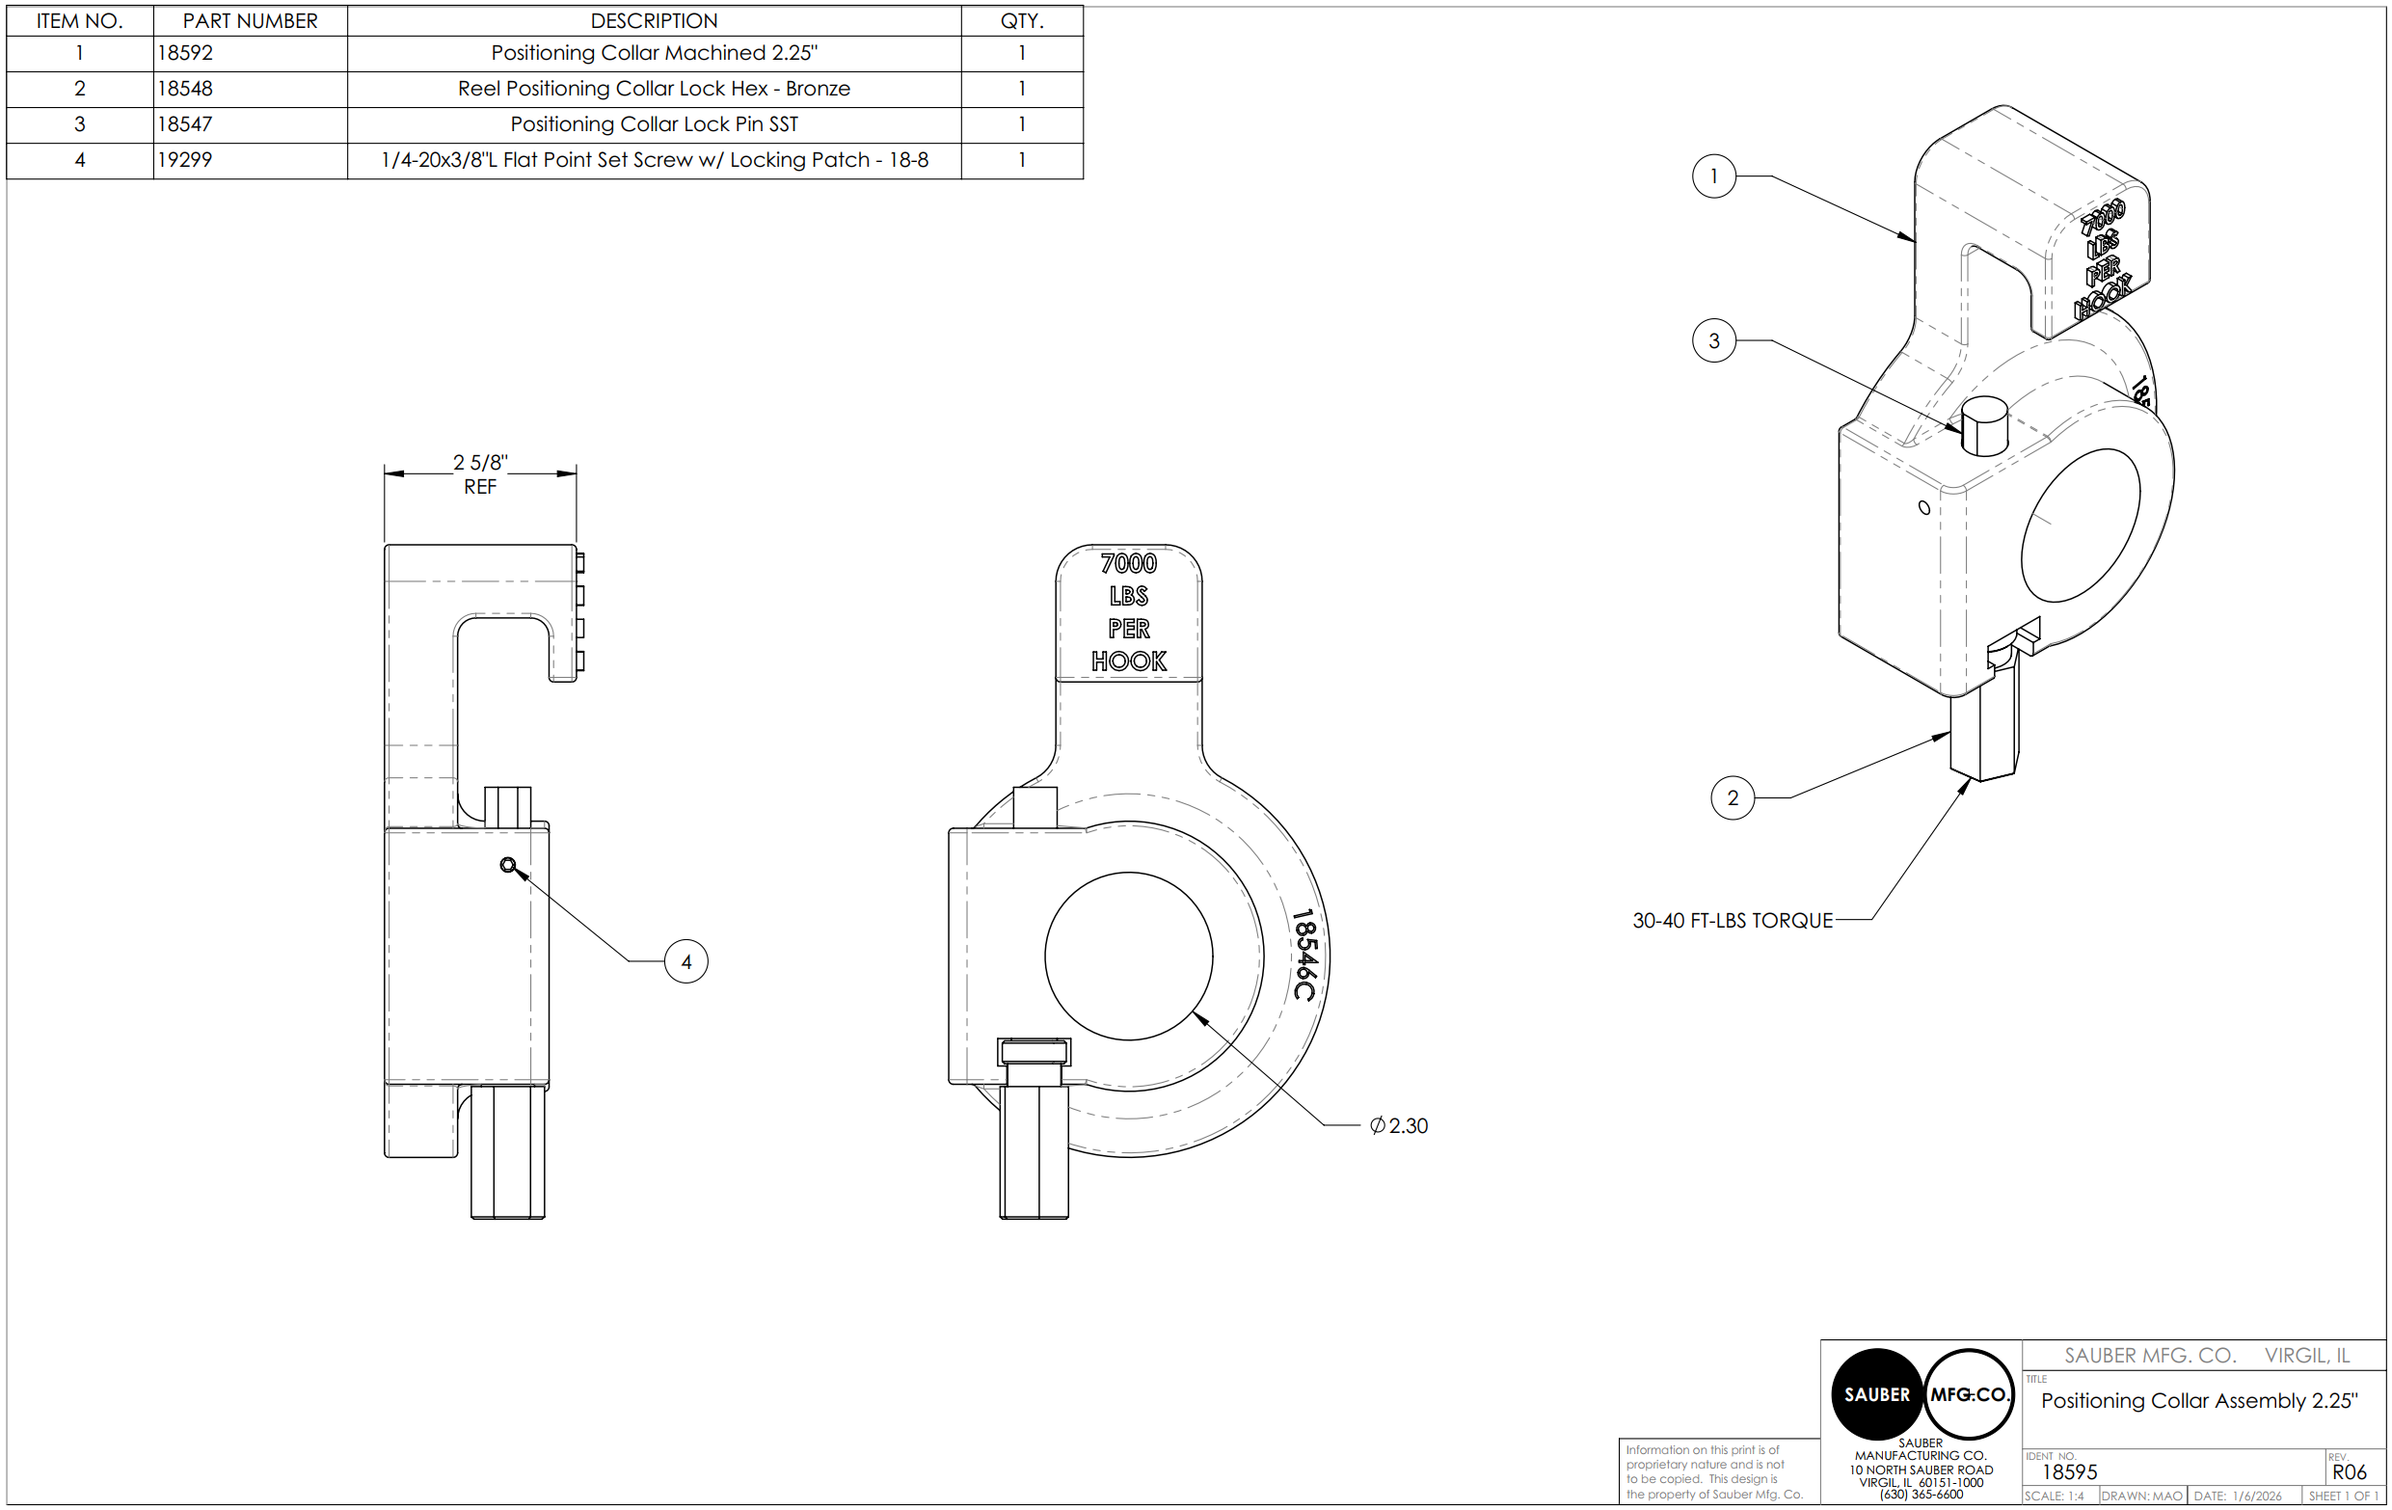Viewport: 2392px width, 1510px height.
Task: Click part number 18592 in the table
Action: [x=186, y=53]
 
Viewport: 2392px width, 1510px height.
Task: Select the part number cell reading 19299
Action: [x=186, y=160]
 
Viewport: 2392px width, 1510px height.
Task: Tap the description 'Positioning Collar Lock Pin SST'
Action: [x=654, y=124]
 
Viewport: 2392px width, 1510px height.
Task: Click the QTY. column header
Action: [x=1021, y=21]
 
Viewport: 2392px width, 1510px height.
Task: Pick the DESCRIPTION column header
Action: [x=654, y=21]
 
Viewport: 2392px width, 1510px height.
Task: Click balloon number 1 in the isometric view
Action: [x=1713, y=176]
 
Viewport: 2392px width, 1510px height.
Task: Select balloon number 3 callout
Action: [x=1713, y=340]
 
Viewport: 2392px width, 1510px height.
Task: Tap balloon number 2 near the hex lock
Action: [x=1733, y=797]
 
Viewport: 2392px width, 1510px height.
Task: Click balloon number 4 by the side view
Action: [x=685, y=961]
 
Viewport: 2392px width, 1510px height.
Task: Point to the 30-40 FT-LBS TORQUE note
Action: [x=1733, y=921]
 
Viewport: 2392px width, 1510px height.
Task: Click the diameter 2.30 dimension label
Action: [x=1399, y=1125]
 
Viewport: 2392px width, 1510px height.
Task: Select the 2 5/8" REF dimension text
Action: [x=480, y=473]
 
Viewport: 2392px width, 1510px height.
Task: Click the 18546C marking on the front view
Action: [x=1304, y=955]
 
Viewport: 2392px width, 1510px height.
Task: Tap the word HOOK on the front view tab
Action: [x=1128, y=661]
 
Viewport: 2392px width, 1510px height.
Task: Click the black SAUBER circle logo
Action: [x=1876, y=1393]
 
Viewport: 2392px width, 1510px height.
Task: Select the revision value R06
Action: [x=2350, y=1472]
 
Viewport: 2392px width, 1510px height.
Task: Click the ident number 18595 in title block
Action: [x=2069, y=1472]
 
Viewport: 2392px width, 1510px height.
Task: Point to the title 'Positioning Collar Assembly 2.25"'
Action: [x=2199, y=1401]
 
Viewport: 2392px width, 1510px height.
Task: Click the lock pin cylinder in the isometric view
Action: [x=1985, y=427]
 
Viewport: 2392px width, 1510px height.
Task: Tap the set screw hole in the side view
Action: [x=507, y=865]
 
